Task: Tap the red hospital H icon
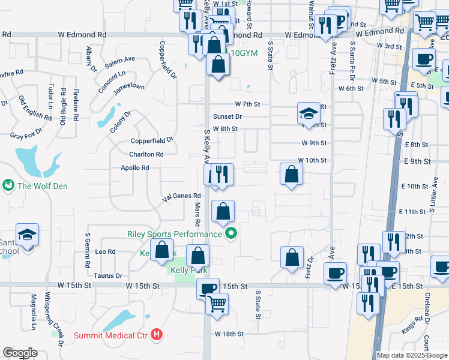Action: click(x=157, y=334)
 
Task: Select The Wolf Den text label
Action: click(x=42, y=186)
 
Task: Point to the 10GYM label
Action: click(x=243, y=53)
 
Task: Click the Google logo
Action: click(x=20, y=353)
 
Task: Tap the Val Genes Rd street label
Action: click(x=181, y=196)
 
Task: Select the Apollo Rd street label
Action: click(x=134, y=168)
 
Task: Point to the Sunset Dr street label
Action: click(x=227, y=116)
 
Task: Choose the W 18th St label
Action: click(x=229, y=334)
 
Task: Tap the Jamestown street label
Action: click(x=129, y=86)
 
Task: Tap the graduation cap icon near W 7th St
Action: click(x=308, y=113)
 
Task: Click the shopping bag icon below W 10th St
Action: click(x=291, y=175)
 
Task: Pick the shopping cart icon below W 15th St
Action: click(x=217, y=303)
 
